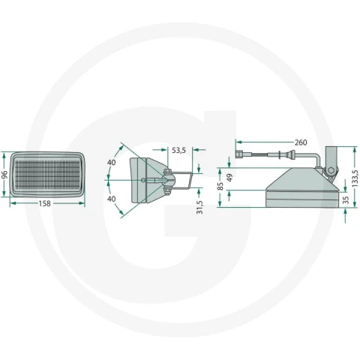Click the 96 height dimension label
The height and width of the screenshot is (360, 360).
click(x=4, y=175)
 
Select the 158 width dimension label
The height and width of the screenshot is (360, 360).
click(x=44, y=203)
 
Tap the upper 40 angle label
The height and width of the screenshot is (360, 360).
click(x=112, y=163)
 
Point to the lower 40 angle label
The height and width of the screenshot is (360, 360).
click(x=112, y=199)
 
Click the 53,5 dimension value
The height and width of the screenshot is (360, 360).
click(x=178, y=150)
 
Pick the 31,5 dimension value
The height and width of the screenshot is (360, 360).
click(x=199, y=207)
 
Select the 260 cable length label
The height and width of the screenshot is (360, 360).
click(x=301, y=142)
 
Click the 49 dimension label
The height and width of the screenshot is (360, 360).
click(x=229, y=178)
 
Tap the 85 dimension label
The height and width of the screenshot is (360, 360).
click(x=220, y=186)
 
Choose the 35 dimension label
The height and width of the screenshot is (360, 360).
click(x=346, y=200)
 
